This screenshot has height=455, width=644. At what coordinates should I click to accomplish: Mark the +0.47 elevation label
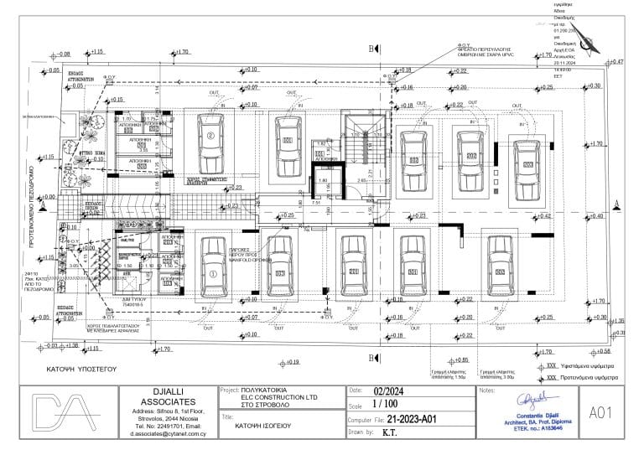pos(616,62)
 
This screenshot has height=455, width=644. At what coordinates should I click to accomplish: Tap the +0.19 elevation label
pos(290,362)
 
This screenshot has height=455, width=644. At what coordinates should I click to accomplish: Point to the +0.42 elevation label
pos(543,216)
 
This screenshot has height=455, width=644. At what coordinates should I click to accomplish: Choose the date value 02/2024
pos(388,390)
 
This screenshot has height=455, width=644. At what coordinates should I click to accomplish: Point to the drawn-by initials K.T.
pos(390,433)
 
